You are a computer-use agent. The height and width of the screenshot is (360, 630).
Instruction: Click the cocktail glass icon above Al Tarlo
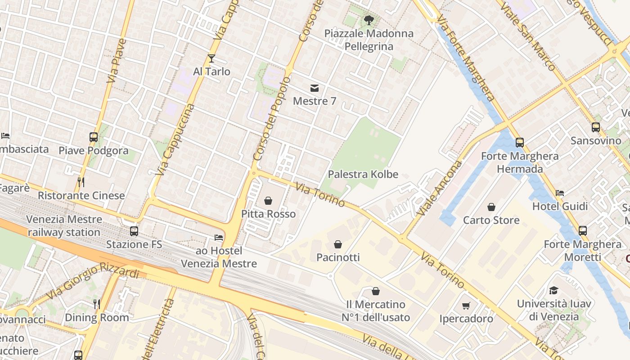click(x=211, y=58)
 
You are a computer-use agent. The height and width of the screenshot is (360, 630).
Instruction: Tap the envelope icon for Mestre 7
click(x=314, y=88)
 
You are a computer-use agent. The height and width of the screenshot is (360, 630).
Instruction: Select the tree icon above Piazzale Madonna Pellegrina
click(x=369, y=20)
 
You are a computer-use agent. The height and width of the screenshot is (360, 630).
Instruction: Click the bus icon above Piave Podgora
click(x=94, y=137)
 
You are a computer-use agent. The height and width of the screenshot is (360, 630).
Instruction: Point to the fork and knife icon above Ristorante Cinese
click(x=81, y=182)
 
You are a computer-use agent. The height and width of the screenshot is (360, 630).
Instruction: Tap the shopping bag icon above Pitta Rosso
click(x=268, y=200)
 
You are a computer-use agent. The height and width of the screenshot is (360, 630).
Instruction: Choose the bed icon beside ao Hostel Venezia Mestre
click(x=219, y=237)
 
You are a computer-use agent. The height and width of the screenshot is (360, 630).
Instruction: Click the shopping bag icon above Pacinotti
click(x=338, y=244)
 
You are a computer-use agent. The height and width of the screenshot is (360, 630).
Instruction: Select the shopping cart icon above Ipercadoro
click(x=466, y=306)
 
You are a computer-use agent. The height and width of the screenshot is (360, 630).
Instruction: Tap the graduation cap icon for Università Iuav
click(x=553, y=290)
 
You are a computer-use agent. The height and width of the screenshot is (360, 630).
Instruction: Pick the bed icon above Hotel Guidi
click(x=560, y=193)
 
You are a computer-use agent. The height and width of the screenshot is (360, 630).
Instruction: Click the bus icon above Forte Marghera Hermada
click(x=520, y=143)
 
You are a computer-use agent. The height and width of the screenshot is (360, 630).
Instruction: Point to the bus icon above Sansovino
click(x=596, y=127)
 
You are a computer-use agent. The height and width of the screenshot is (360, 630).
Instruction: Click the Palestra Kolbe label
click(x=363, y=174)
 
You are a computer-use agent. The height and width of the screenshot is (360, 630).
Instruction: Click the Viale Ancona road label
click(x=433, y=188)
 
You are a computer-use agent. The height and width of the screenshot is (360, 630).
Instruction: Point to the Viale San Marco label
click(x=531, y=36)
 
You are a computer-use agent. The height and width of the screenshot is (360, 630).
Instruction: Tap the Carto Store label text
click(x=491, y=220)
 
